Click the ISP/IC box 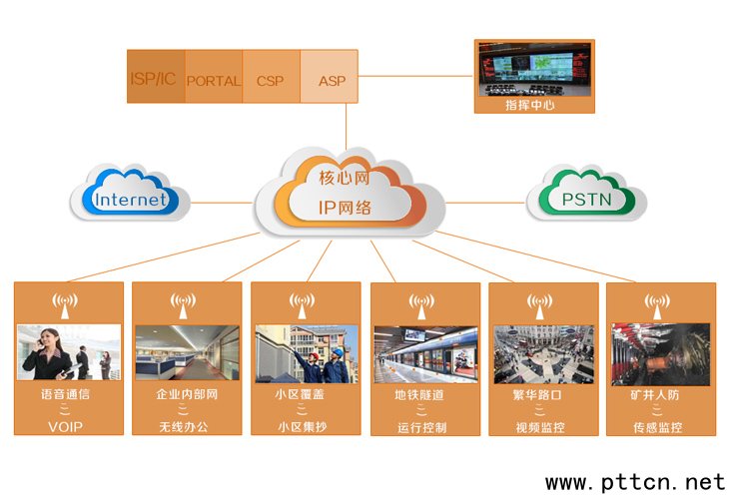click(x=156, y=77)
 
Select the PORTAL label click(x=214, y=81)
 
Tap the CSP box click(x=270, y=81)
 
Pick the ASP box click(x=331, y=81)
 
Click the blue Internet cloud click(x=130, y=199)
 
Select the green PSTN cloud click(x=586, y=199)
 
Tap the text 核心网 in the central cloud click(x=345, y=179)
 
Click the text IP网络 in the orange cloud click(x=345, y=209)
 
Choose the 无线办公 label click(x=187, y=426)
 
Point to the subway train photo click(x=423, y=354)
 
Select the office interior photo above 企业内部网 click(x=187, y=352)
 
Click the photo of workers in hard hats click(x=306, y=353)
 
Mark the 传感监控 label click(x=658, y=427)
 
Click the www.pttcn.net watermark click(x=635, y=482)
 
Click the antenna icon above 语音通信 click(x=65, y=302)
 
